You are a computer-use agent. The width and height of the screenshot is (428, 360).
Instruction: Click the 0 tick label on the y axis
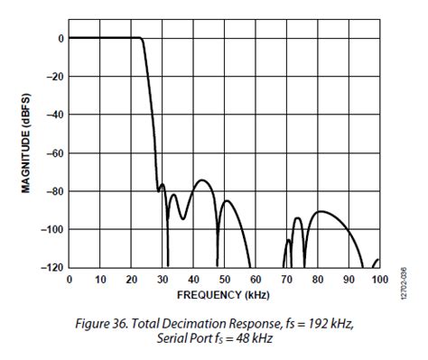click(60, 39)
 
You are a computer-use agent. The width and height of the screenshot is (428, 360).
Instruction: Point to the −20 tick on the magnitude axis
click(55, 77)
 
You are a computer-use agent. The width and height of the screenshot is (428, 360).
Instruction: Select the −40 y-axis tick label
click(55, 115)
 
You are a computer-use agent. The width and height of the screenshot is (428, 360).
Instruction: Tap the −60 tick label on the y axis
click(55, 153)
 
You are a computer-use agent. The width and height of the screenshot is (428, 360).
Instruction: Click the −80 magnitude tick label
click(55, 191)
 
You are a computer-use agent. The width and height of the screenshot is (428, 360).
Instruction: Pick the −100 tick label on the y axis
click(52, 229)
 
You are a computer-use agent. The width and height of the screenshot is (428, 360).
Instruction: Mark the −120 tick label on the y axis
click(52, 268)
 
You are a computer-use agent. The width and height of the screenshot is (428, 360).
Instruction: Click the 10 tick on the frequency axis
click(100, 279)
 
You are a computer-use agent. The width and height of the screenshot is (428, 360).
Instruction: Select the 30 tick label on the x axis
click(163, 279)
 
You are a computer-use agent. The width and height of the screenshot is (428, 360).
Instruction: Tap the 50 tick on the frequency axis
click(225, 279)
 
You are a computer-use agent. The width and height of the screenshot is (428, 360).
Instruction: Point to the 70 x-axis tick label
click(286, 279)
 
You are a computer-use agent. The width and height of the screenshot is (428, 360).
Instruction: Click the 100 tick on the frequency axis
click(379, 279)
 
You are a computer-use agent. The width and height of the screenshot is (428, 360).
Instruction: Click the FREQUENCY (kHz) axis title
click(224, 293)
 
